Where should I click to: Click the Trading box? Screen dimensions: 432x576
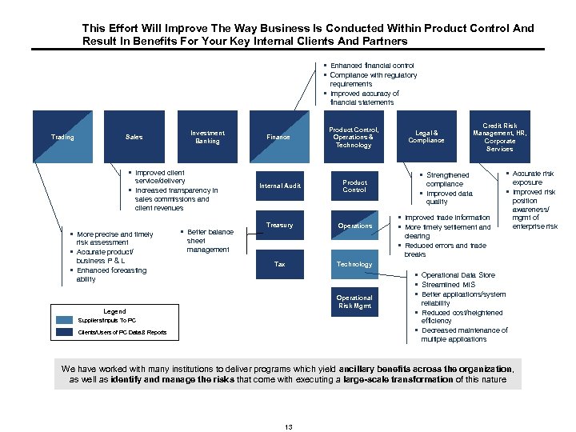coord(62,137)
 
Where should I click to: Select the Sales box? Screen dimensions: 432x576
coord(134,137)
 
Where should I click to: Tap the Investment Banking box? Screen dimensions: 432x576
coord(207,137)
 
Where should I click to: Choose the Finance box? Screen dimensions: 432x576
coord(278,137)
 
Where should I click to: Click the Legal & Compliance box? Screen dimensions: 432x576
coord(426,137)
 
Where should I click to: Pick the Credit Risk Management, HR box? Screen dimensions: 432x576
coord(499,137)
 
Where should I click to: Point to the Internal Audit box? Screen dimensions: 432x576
coord(279,186)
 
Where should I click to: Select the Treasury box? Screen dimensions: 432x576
coord(279,226)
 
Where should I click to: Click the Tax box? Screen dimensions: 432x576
coord(279,264)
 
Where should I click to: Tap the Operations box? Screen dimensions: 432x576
coord(354,226)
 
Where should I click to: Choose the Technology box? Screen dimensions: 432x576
coord(354,264)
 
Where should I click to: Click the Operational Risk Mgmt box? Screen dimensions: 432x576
coord(354,302)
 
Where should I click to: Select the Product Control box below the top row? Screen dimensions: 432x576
coord(354,186)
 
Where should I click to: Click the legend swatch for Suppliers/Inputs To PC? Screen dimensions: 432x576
coord(65,321)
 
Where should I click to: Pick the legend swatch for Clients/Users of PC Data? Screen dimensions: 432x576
coord(65,332)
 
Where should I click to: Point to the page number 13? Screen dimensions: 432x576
coord(288,427)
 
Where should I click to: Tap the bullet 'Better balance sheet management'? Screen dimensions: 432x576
coord(210,241)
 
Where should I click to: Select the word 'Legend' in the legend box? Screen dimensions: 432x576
coord(115,311)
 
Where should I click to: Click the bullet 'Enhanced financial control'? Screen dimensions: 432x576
coord(372,66)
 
